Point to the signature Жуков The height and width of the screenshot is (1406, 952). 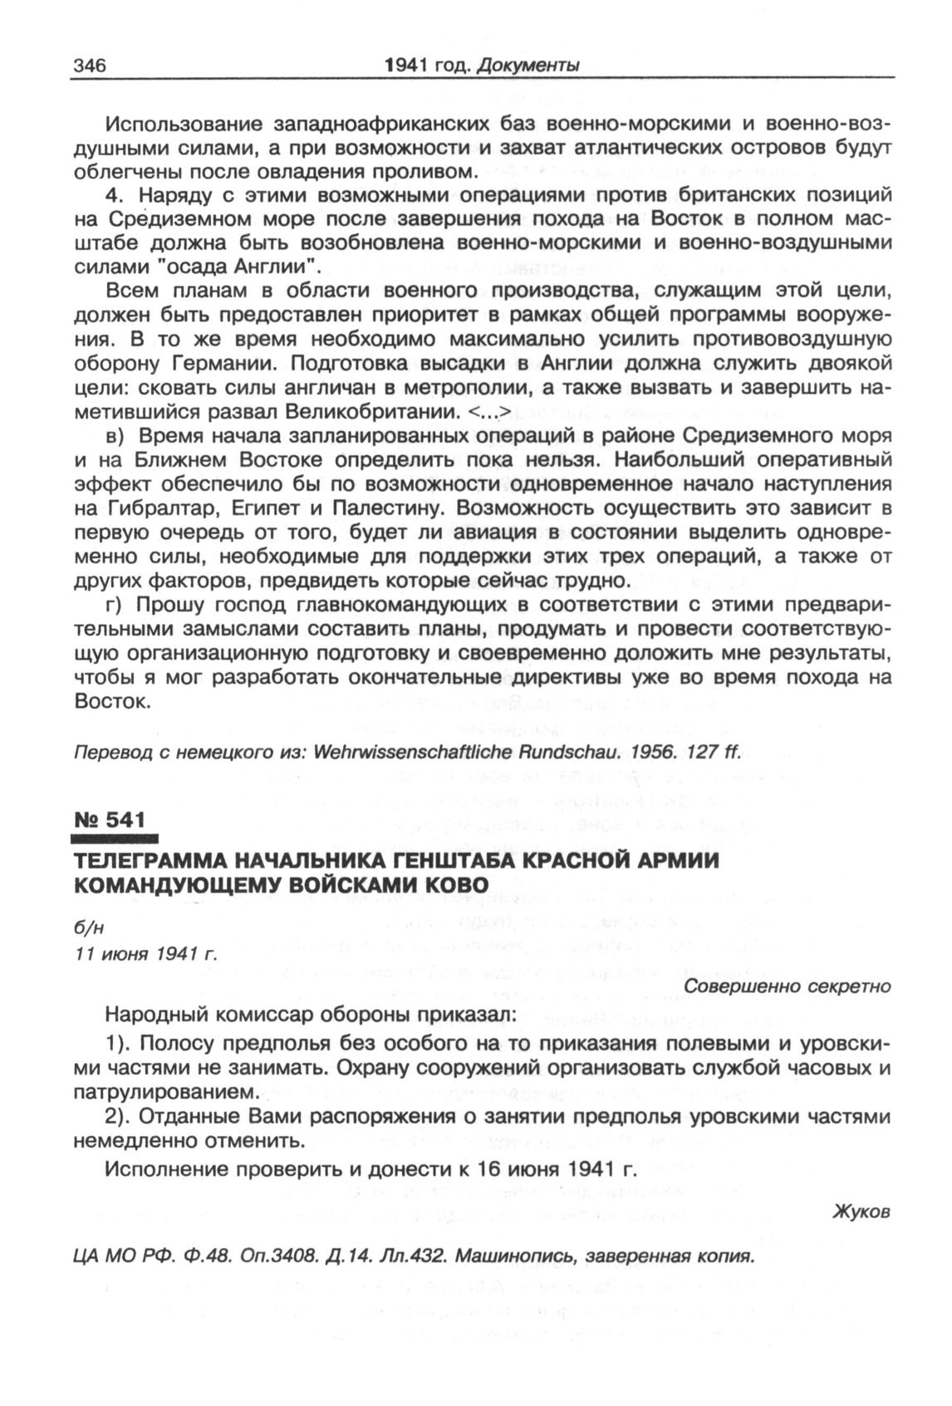point(861,1212)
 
